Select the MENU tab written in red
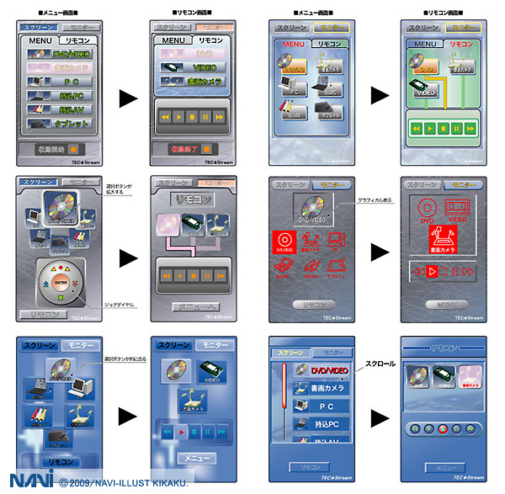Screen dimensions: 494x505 tap(295, 43)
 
